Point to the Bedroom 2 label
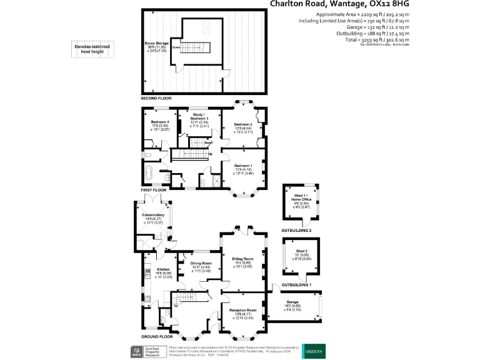tap(242, 124)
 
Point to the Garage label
tap(292, 302)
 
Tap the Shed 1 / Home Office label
tap(302, 199)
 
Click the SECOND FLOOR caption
tap(156, 99)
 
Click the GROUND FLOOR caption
tap(157, 336)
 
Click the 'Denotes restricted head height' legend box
tap(91, 48)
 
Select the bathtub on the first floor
tap(151, 174)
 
